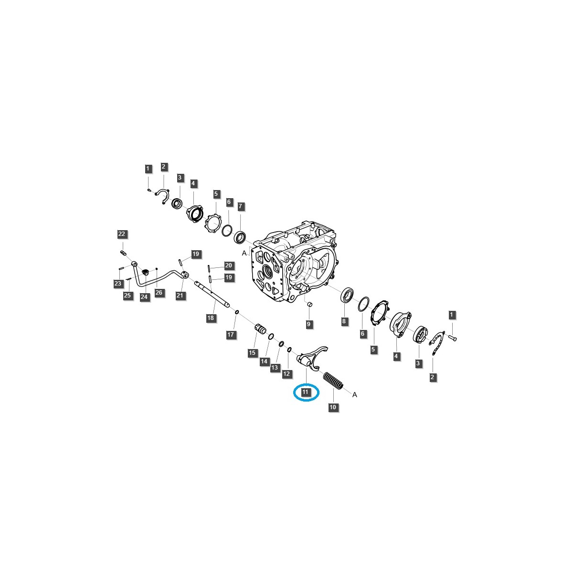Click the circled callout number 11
(306, 392)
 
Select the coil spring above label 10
(333, 380)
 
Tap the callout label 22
(122, 233)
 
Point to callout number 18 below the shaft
(211, 318)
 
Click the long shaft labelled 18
(212, 293)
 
